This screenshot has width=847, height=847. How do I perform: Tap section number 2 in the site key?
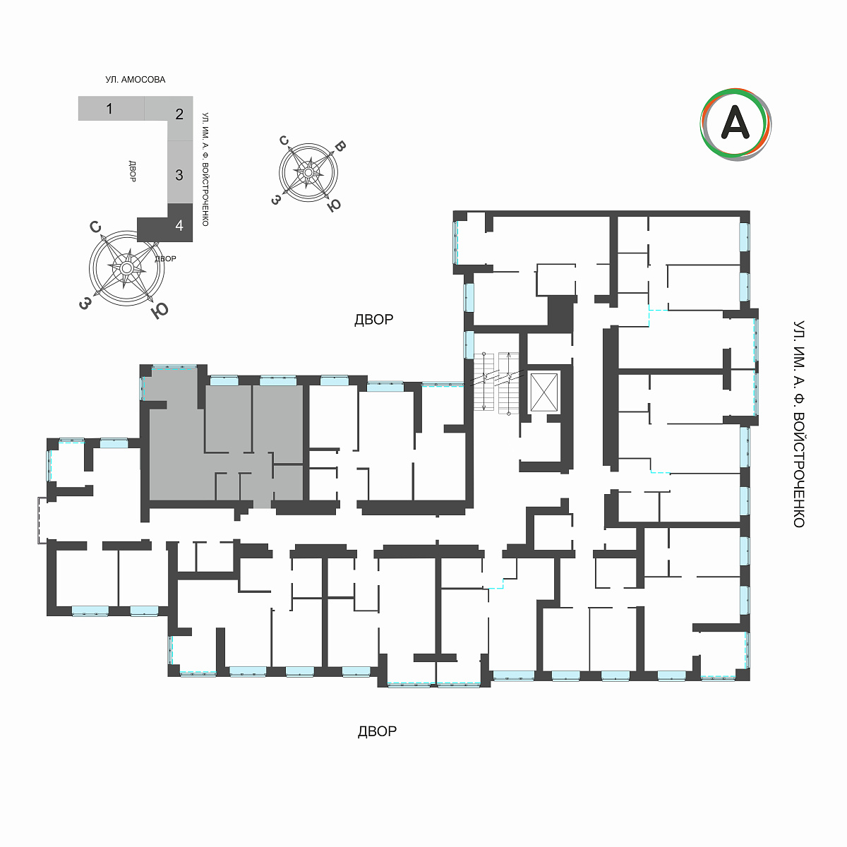(179, 114)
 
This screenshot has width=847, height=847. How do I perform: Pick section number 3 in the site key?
(179, 175)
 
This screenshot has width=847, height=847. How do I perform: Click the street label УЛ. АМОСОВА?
(136, 80)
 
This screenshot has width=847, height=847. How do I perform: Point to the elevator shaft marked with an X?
(544, 392)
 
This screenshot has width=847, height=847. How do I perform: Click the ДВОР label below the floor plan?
(377, 731)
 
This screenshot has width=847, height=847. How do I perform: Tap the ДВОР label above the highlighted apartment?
(373, 320)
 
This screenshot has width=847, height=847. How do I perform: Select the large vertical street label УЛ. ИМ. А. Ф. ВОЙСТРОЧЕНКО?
(798, 424)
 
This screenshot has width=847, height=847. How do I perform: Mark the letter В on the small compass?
(340, 146)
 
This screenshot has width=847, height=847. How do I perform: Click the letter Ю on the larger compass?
(160, 311)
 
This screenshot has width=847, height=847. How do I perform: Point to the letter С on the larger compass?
(95, 227)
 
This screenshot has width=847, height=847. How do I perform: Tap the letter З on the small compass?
(276, 200)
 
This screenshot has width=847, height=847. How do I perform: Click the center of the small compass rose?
(308, 173)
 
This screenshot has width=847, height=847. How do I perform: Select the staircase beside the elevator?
(496, 383)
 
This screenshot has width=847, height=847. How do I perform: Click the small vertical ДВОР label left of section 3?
(132, 171)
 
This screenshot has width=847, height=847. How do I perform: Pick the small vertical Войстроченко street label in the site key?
(205, 169)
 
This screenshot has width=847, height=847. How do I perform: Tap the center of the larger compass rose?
(127, 268)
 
